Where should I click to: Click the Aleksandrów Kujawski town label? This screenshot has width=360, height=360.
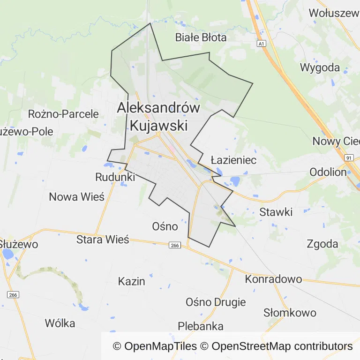pos(158,117)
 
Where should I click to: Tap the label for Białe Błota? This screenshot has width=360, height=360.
pos(201,37)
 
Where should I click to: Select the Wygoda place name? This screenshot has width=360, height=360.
pos(320,67)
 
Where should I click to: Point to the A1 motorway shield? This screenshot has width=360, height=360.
pos(261,44)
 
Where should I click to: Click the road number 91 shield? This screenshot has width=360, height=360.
pos(348,158)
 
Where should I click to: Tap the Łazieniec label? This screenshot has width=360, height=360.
pos(233,160)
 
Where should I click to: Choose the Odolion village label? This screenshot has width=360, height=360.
pos(328,172)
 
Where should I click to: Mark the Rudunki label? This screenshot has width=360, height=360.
pos(115,177)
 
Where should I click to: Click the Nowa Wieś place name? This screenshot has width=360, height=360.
pos(76,197)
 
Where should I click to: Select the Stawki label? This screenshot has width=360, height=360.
pos(276,212)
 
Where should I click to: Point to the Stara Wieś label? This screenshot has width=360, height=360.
pos(103,240)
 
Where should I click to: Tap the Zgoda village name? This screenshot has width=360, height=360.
pos(322,244)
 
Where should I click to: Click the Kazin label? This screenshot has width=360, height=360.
pos(131,282)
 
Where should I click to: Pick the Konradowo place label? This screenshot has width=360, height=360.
pos(273,279)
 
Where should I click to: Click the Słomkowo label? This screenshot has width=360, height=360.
pos(290,313)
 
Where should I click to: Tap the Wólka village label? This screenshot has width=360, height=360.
pos(60,323)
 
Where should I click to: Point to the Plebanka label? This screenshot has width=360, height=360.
pos(201,326)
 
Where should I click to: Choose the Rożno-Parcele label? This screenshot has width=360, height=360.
pos(63,114)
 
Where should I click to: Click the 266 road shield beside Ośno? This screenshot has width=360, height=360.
pos(174,246)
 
